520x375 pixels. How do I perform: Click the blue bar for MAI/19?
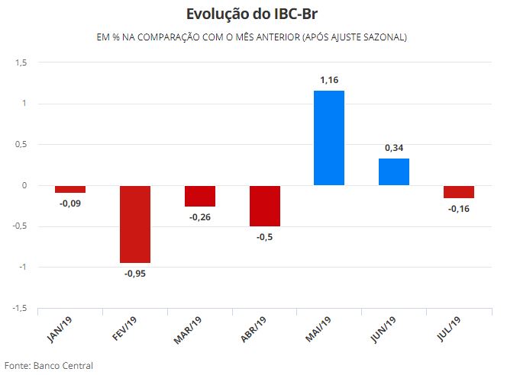point(329,138)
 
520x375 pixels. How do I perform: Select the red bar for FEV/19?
point(134,224)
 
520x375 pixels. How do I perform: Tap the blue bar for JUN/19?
point(394,171)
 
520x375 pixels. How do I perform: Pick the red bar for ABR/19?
point(264,206)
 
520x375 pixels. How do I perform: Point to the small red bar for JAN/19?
point(69,189)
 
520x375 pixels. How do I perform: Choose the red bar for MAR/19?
point(199,196)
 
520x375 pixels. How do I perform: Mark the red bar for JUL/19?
point(459,192)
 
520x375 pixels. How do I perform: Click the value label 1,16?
point(329,79)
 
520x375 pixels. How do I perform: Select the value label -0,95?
point(134,274)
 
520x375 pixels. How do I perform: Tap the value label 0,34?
point(394,147)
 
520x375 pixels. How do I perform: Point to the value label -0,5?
point(264,237)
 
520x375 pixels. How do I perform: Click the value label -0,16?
point(459,209)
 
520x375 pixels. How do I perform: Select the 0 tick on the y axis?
point(24,185)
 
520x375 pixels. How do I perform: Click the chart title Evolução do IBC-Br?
point(260,15)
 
